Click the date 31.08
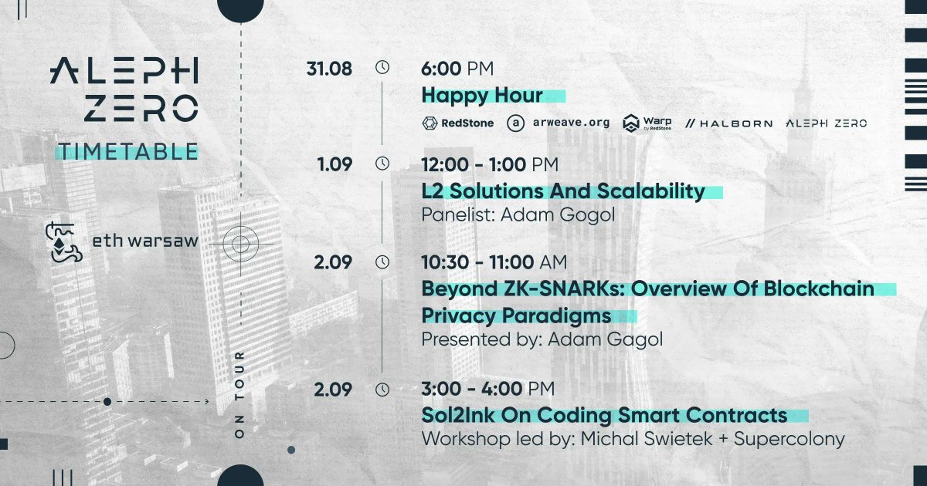click(x=329, y=69)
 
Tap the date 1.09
click(x=334, y=164)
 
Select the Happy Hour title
click(x=482, y=96)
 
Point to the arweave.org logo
click(x=558, y=123)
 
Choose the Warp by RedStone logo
click(x=647, y=123)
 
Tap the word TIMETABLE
click(x=127, y=151)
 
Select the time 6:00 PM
click(x=457, y=69)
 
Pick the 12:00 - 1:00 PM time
click(x=490, y=164)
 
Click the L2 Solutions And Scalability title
click(x=563, y=191)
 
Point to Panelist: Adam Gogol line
click(x=518, y=214)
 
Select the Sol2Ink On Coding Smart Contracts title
click(x=604, y=415)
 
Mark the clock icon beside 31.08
click(x=382, y=68)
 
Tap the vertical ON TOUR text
click(x=239, y=395)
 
